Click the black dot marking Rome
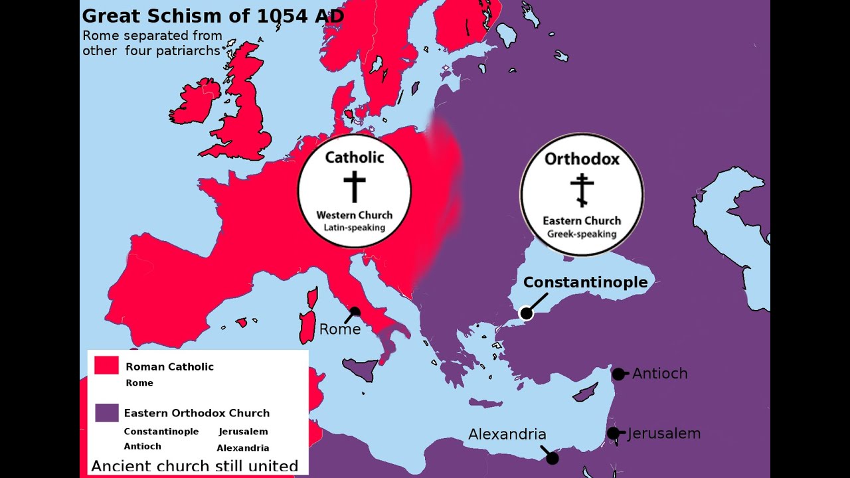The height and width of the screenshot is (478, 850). [x=355, y=311]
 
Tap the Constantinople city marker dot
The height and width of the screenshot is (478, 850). [x=526, y=313]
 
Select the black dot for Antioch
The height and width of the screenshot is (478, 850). [x=618, y=374]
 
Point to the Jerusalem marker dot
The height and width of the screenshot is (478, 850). [x=613, y=434]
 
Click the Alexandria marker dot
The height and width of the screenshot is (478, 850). [x=552, y=458]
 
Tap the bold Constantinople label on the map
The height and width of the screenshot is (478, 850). [x=585, y=282]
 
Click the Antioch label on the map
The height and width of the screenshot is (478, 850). [x=659, y=374]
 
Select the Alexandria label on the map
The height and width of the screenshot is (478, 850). [x=507, y=434]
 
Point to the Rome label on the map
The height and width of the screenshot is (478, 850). [x=339, y=329]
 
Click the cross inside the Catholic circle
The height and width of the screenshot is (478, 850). [x=355, y=186]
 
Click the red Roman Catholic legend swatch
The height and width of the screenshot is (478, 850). [x=106, y=366]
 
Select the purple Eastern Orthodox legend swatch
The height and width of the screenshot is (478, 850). [x=106, y=413]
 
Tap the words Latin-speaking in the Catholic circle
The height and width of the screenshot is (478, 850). [x=354, y=227]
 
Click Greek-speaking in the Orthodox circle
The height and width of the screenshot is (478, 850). [x=582, y=234]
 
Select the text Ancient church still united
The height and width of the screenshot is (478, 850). [x=194, y=466]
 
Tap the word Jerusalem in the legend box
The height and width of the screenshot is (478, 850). [x=243, y=432]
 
